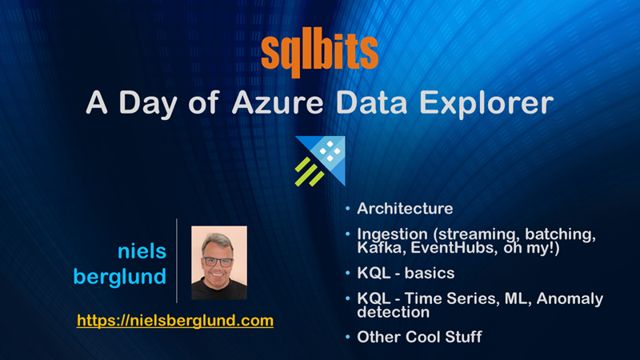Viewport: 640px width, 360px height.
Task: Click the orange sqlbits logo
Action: (319, 52)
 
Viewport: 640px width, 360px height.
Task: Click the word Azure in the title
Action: (278, 102)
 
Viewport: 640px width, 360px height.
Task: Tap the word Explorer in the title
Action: (486, 104)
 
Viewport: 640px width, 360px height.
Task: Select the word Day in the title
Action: (148, 103)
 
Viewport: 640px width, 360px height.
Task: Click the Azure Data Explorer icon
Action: (320, 161)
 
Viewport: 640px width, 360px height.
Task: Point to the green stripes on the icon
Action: (309, 172)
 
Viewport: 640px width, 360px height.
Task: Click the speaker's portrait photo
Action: (219, 262)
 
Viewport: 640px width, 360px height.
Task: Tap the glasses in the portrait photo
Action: (218, 262)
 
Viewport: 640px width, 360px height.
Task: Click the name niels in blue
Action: (142, 250)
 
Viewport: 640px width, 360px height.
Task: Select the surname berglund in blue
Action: (119, 277)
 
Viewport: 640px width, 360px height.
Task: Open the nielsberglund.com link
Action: (175, 321)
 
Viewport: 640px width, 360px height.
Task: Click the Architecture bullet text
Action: (405, 209)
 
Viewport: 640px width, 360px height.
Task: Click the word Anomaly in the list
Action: (570, 299)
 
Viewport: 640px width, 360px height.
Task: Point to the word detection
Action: (393, 312)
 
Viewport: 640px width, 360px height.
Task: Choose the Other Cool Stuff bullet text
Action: (419, 337)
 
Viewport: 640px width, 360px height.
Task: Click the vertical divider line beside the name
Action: (177, 261)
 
